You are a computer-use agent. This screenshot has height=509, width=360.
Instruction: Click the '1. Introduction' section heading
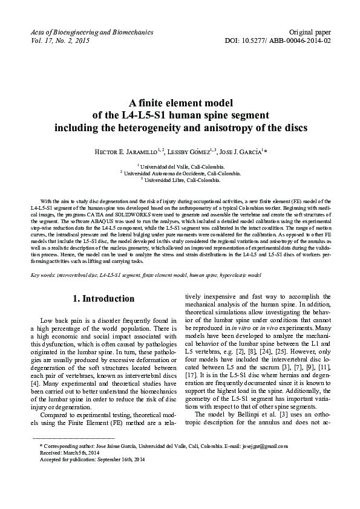pyautogui.click(x=103, y=299)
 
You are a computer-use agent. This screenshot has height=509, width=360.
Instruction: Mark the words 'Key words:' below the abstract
pyautogui.click(x=44, y=274)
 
